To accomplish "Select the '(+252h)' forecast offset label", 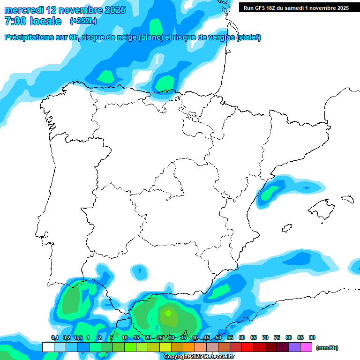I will (83, 21).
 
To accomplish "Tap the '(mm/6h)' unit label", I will (327, 348).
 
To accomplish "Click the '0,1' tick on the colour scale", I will (54, 338).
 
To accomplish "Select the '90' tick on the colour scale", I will (312, 338).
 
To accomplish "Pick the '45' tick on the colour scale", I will (207, 338).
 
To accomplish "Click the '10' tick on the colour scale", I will (125, 338).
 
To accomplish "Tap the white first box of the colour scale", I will (48, 347).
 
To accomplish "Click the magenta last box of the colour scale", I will (306, 347).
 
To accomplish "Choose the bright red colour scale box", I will (247, 347).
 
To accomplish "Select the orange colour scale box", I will (189, 347).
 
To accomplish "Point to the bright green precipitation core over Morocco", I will (168, 312).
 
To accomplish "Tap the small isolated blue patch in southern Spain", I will (139, 270).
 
